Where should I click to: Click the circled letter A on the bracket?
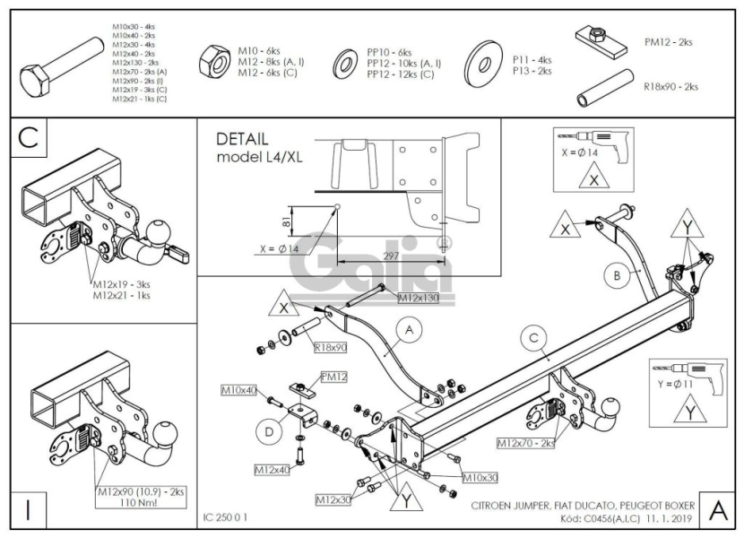[409, 332]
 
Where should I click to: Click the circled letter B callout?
[616, 277]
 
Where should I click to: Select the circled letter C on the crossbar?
[533, 338]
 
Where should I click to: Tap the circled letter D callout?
[268, 430]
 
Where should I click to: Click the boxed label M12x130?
[418, 298]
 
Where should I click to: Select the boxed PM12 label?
[334, 377]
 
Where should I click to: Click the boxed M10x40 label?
[238, 391]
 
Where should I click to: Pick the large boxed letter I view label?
[30, 509]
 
